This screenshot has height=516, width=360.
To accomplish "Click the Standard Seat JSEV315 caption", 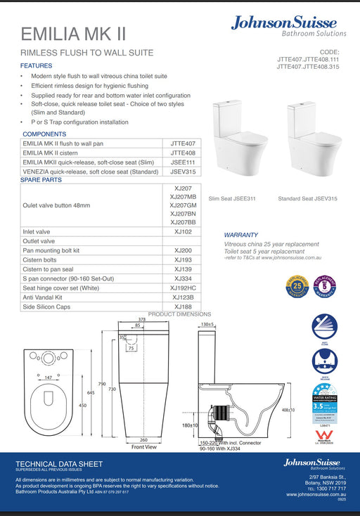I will tap(307, 199).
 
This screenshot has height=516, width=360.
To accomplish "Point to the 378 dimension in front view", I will tap(141, 318).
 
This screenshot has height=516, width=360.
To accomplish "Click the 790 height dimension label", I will tap(103, 383).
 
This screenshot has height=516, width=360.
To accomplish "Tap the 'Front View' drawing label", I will tap(143, 446).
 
